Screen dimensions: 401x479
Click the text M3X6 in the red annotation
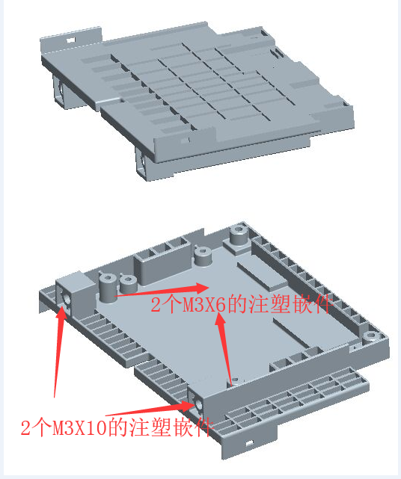(x=204, y=304)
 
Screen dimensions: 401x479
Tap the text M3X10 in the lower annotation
(x=79, y=427)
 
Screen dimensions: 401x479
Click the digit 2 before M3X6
(x=156, y=305)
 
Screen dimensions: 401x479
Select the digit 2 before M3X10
(x=25, y=427)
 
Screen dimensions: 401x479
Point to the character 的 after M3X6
(x=236, y=304)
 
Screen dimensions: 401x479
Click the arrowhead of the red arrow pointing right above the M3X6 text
(x=201, y=288)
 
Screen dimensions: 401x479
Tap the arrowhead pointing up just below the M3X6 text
(x=221, y=320)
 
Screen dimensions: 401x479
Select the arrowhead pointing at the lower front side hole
(x=187, y=405)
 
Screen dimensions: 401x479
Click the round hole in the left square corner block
(x=66, y=298)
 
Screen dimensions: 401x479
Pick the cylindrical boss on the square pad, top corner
(x=239, y=235)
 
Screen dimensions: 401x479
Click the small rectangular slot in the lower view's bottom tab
(x=250, y=442)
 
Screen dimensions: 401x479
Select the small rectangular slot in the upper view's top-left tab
(x=71, y=40)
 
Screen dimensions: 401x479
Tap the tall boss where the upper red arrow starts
(x=108, y=287)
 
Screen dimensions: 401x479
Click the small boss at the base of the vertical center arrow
(x=236, y=380)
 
